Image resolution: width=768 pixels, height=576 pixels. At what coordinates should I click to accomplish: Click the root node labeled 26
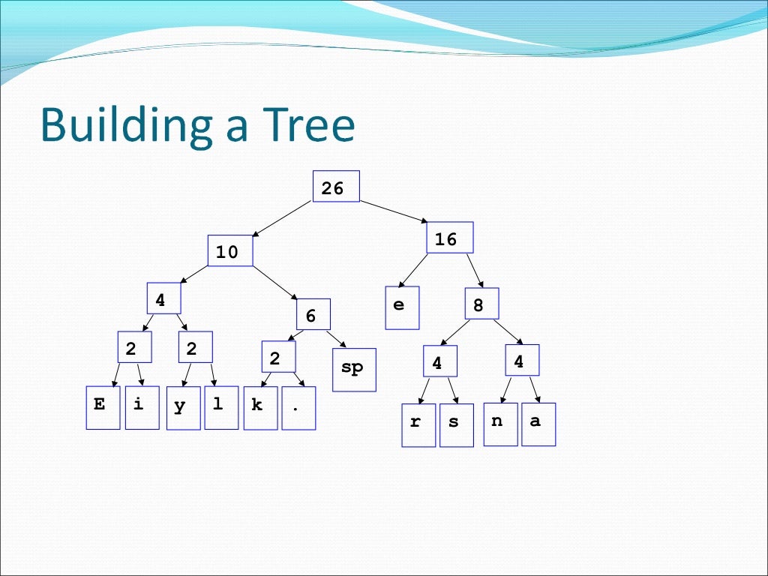[335, 187]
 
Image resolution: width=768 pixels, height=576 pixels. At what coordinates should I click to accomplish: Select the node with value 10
[230, 251]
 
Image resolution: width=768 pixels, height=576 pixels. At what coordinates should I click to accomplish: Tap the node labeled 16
[450, 238]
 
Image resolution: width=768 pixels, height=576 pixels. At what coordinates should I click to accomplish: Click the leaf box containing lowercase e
[402, 307]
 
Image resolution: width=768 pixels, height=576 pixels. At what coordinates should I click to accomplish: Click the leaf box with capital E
[103, 407]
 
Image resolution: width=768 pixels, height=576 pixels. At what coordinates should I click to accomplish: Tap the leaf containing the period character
[298, 408]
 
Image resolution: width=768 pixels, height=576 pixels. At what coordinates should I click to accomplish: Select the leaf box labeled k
[260, 408]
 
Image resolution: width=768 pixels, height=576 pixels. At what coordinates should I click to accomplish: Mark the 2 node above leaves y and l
[195, 347]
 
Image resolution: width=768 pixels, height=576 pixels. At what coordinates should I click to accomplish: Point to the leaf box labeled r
[418, 425]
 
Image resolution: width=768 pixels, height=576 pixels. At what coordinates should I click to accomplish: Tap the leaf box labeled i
[142, 407]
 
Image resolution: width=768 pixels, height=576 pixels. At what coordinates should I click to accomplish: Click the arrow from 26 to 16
[394, 212]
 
